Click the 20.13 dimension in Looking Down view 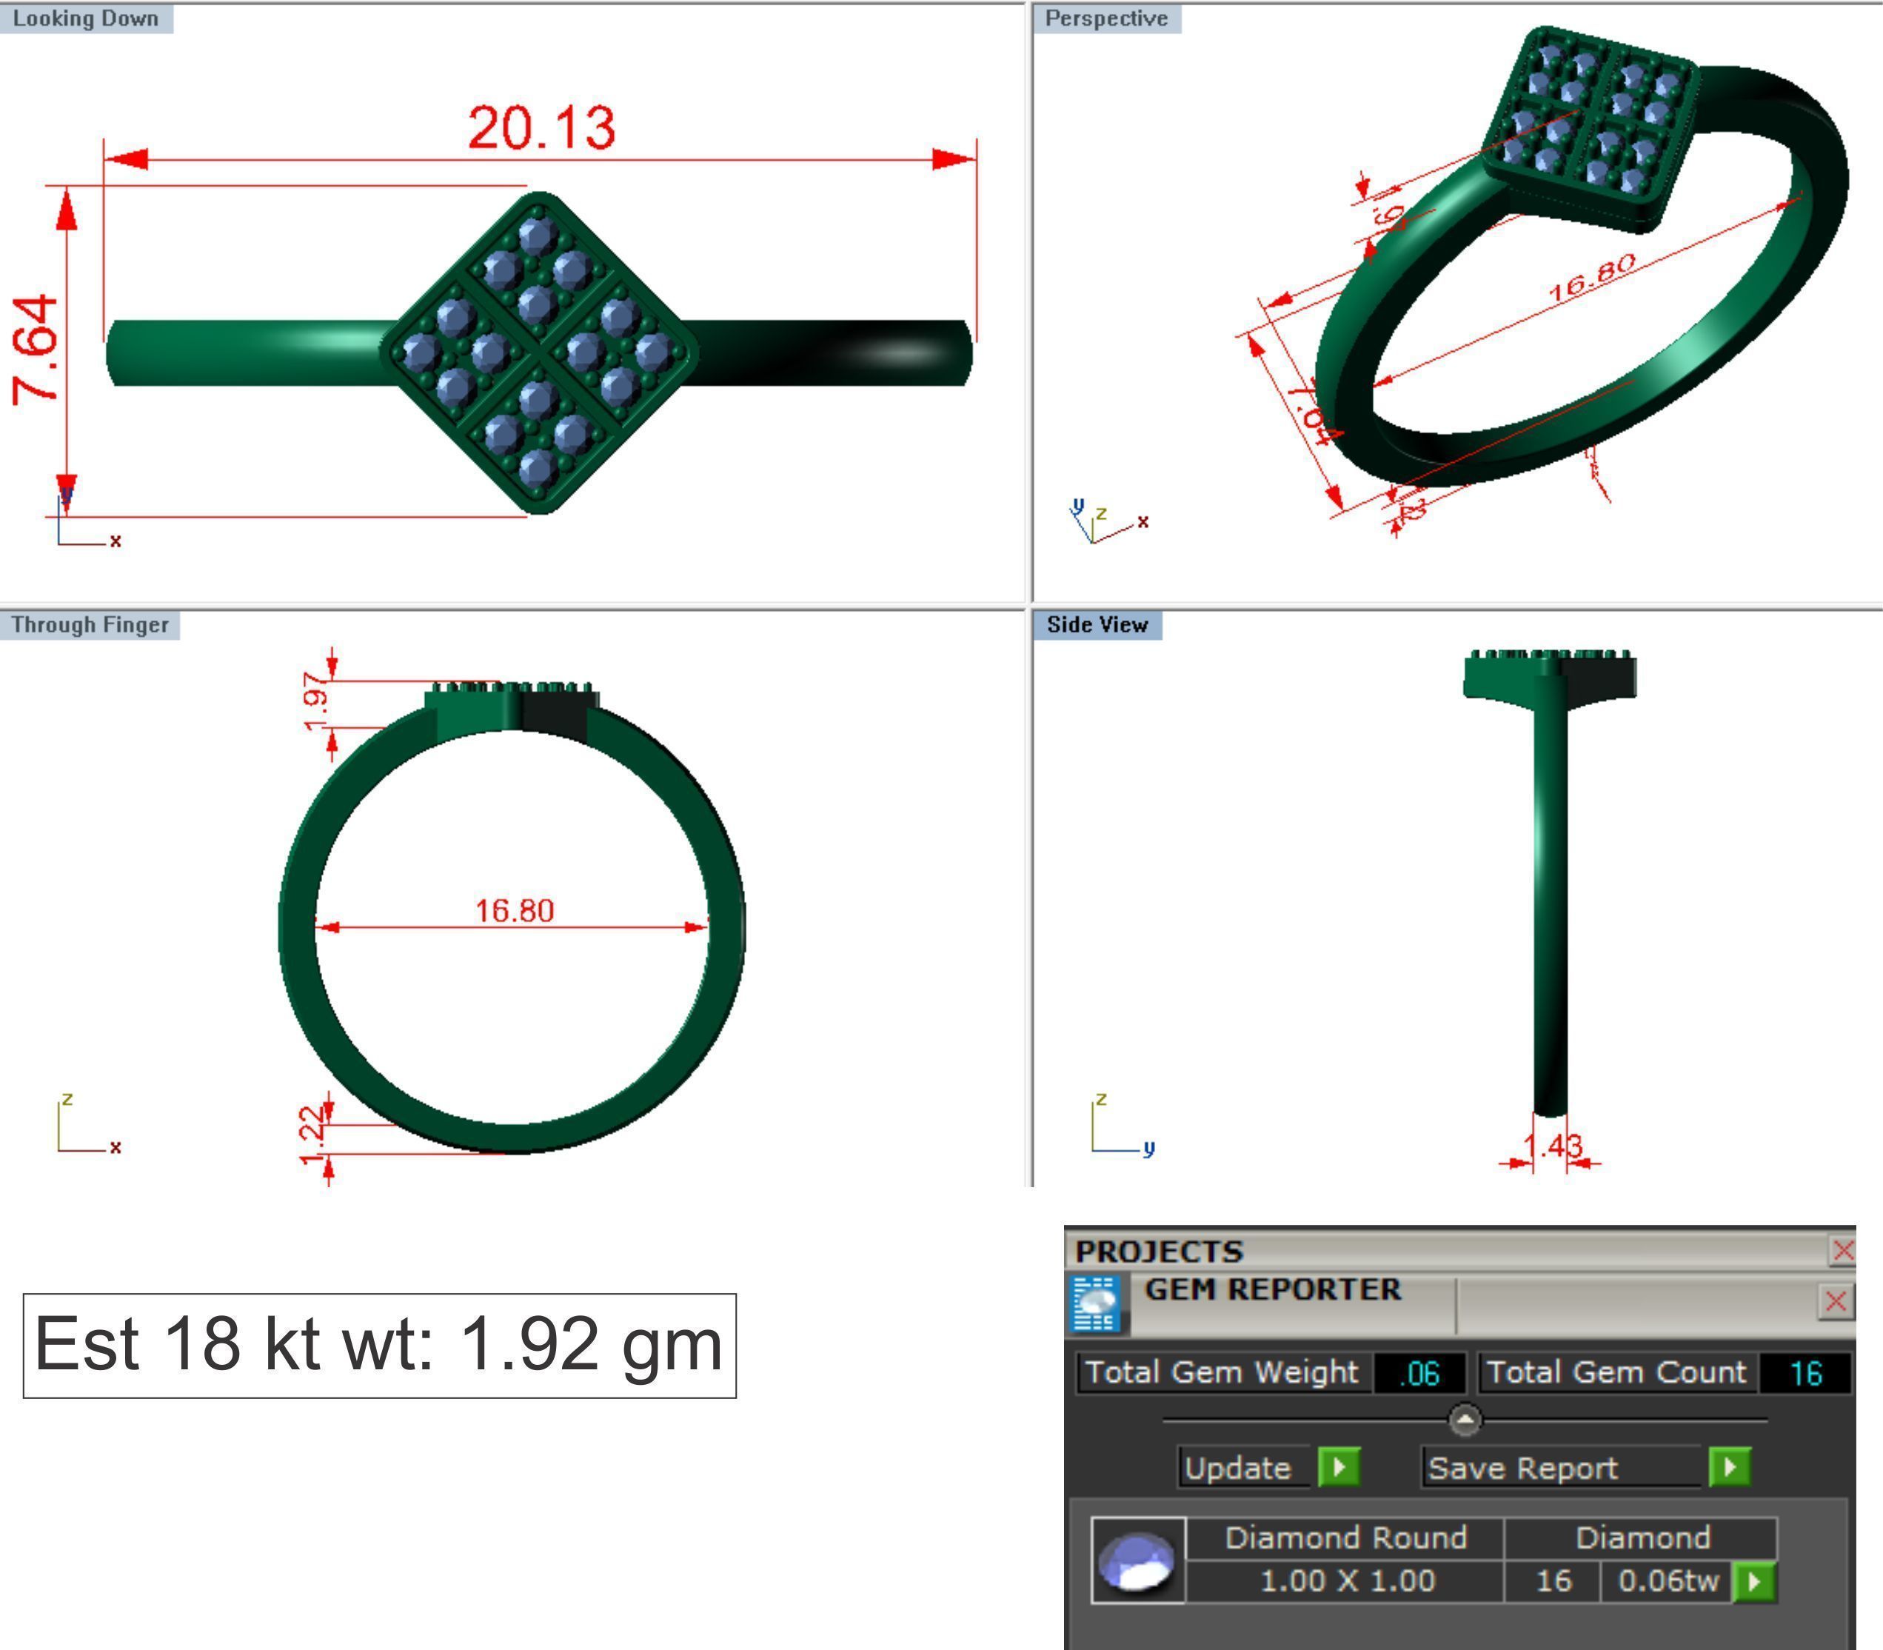[x=541, y=127]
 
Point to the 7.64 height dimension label [x=37, y=350]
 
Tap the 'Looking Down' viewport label [x=86, y=19]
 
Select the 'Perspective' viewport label [x=1106, y=19]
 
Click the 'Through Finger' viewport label [x=90, y=624]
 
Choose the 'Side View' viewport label [x=1097, y=624]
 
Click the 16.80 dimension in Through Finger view [x=514, y=911]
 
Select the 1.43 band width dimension [x=1553, y=1146]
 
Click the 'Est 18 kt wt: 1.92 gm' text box [x=379, y=1345]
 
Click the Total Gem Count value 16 [x=1805, y=1374]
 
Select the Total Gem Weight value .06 [x=1419, y=1374]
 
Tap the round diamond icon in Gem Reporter [x=1138, y=1560]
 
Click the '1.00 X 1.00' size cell [x=1346, y=1581]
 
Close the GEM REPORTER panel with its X [x=1835, y=1301]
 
